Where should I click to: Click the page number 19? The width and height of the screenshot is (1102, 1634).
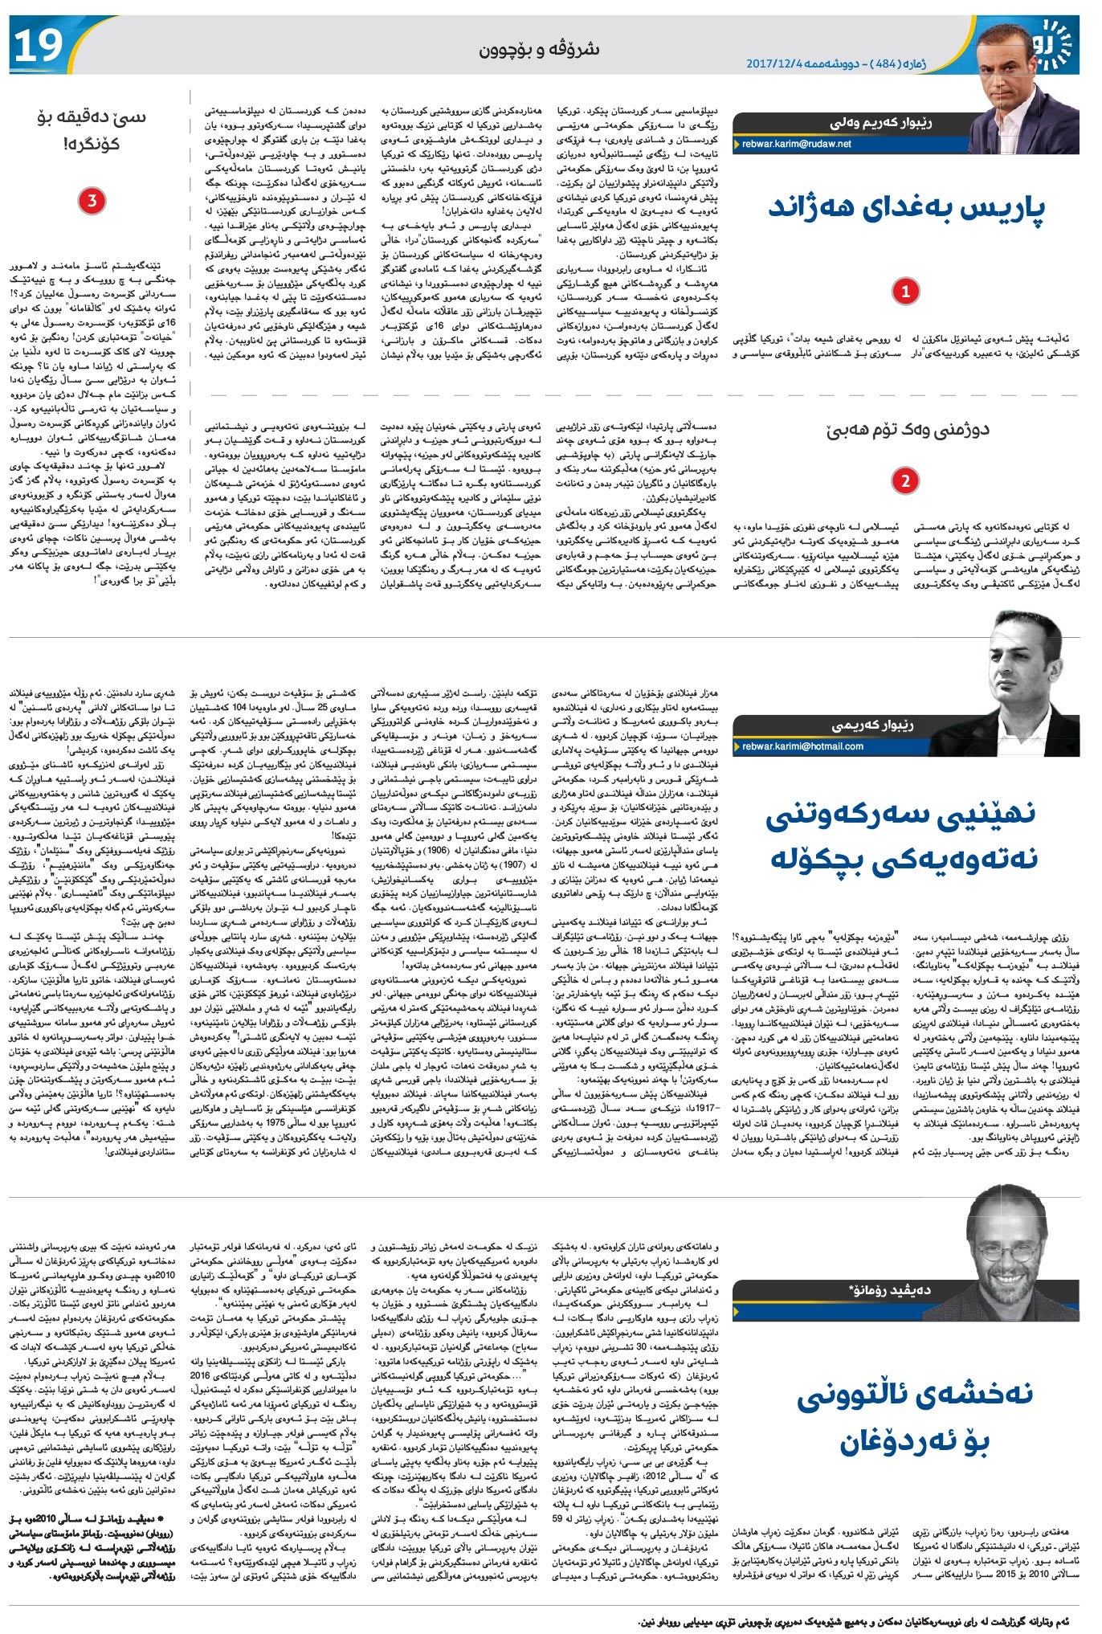pyautogui.click(x=37, y=46)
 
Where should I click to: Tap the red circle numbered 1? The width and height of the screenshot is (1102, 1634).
pyautogui.click(x=905, y=291)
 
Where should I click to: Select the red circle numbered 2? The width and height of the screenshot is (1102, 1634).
pyautogui.click(x=905, y=480)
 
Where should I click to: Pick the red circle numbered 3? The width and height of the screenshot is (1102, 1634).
pyautogui.click(x=92, y=201)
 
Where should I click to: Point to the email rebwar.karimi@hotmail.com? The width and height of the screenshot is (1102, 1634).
pyautogui.click(x=802, y=746)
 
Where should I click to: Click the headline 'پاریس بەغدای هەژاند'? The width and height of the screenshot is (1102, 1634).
pyautogui.click(x=907, y=208)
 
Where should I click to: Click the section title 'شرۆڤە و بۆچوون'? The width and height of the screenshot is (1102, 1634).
pyautogui.click(x=539, y=50)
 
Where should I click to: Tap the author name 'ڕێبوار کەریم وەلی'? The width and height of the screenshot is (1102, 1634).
pyautogui.click(x=880, y=124)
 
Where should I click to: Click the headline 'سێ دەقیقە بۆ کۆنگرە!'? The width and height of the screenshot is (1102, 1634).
pyautogui.click(x=92, y=131)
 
